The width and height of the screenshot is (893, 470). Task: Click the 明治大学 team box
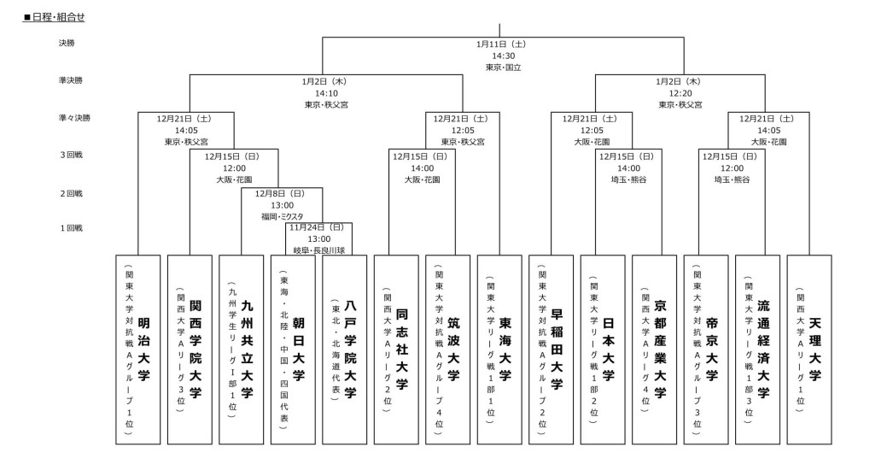click(x=137, y=349)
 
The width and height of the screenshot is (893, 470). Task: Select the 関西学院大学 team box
click(x=189, y=349)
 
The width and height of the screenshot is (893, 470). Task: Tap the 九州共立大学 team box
click(x=241, y=349)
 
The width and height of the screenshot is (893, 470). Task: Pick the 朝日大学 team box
click(x=293, y=349)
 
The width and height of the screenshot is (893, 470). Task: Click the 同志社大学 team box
click(x=396, y=349)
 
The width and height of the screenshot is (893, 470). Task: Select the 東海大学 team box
click(x=499, y=349)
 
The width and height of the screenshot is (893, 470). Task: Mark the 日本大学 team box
click(x=603, y=349)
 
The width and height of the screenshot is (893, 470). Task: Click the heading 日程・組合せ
click(x=55, y=17)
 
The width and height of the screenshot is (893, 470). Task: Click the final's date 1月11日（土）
click(x=500, y=43)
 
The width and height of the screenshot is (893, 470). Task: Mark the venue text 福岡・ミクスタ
click(x=282, y=217)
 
